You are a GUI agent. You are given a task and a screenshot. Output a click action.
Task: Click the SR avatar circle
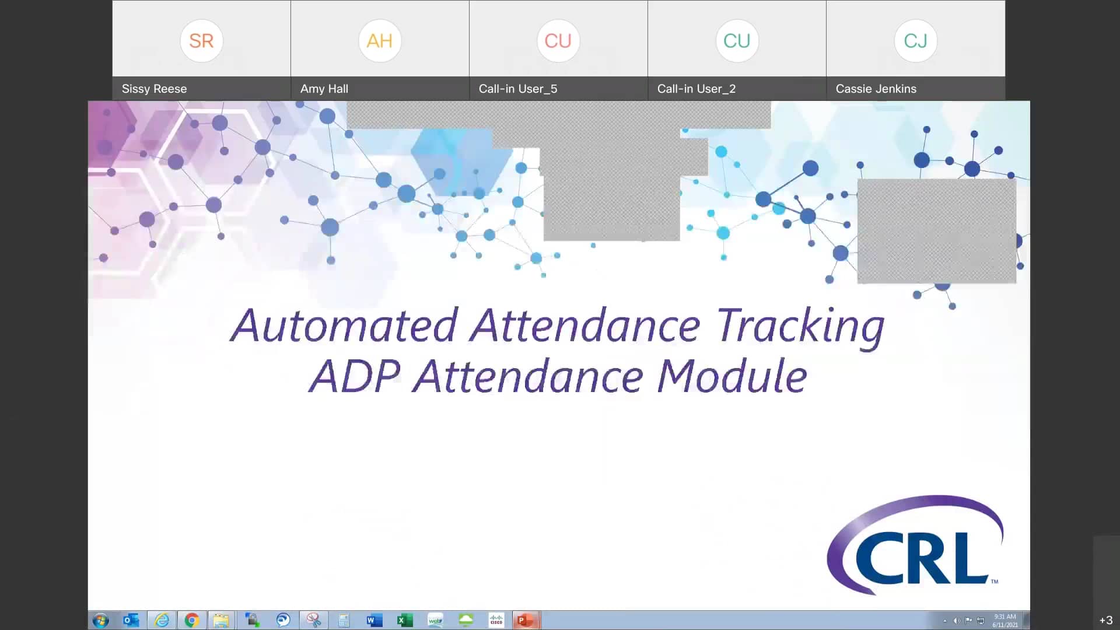click(201, 41)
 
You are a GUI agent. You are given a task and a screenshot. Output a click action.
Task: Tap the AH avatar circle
click(380, 41)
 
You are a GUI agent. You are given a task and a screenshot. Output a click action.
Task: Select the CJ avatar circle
click(915, 41)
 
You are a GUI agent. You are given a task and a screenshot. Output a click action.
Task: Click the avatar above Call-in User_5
click(558, 41)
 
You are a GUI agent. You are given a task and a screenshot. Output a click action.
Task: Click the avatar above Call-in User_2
click(737, 41)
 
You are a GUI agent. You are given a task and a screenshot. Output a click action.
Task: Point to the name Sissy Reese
click(154, 89)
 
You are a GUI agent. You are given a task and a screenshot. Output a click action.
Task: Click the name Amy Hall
click(324, 89)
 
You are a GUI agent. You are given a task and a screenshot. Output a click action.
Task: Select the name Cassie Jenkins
click(876, 89)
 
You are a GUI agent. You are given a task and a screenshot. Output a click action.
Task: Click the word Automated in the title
click(344, 325)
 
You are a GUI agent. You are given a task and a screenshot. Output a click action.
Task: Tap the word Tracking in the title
click(800, 325)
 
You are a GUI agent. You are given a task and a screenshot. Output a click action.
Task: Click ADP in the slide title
click(355, 376)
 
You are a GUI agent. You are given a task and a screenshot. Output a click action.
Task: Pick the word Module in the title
click(733, 376)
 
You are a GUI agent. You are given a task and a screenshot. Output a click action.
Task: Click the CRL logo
click(915, 545)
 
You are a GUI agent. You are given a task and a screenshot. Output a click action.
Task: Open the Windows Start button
click(100, 620)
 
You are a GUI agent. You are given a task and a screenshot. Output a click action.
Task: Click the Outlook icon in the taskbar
click(131, 620)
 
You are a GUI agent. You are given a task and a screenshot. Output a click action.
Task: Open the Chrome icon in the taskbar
click(191, 620)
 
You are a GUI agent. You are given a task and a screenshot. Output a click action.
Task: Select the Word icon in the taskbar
click(374, 620)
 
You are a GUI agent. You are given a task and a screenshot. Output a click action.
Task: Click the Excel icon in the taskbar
click(404, 620)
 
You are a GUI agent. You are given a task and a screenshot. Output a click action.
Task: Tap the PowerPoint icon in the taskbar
click(525, 620)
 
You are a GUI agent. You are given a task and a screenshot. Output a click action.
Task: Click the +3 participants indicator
click(1105, 620)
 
